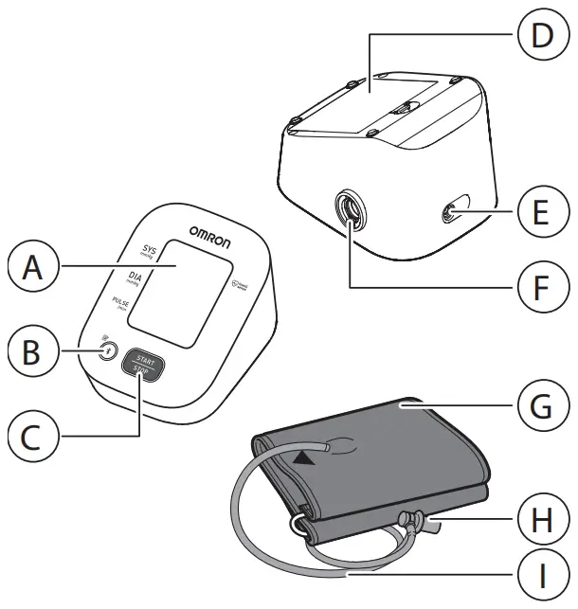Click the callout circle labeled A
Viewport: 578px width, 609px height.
pos(31,269)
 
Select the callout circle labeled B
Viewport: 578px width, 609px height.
pos(31,351)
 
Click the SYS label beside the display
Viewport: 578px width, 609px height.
pos(149,251)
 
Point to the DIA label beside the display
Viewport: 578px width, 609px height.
pos(134,278)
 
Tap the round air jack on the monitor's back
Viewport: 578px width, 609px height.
pos(349,212)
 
